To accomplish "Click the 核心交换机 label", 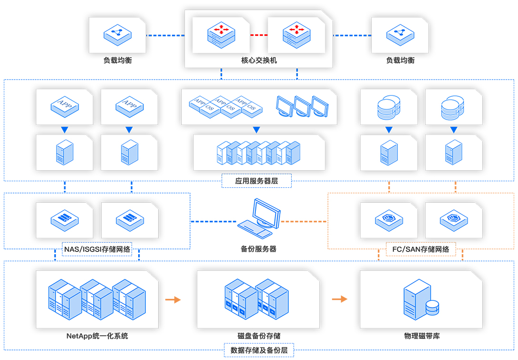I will pyautogui.click(x=259, y=61).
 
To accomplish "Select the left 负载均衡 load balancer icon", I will pyautogui.click(x=117, y=35).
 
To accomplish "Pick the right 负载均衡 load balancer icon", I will pyautogui.click(x=400, y=35).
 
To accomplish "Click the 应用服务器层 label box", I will pyautogui.click(x=256, y=181).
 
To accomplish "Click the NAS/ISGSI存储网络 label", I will pyautogui.click(x=97, y=249).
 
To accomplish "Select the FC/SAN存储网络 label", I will pyautogui.click(x=420, y=249).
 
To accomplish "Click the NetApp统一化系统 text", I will pyautogui.click(x=97, y=336).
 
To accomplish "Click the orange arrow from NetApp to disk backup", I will pyautogui.click(x=173, y=299).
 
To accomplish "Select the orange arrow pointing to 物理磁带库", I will pyautogui.click(x=340, y=299).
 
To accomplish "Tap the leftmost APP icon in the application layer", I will pyautogui.click(x=64, y=105).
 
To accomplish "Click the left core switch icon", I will pyautogui.click(x=221, y=35).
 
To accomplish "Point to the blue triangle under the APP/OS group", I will pyautogui.click(x=256, y=130).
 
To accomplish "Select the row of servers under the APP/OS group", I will pyautogui.click(x=259, y=153).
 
